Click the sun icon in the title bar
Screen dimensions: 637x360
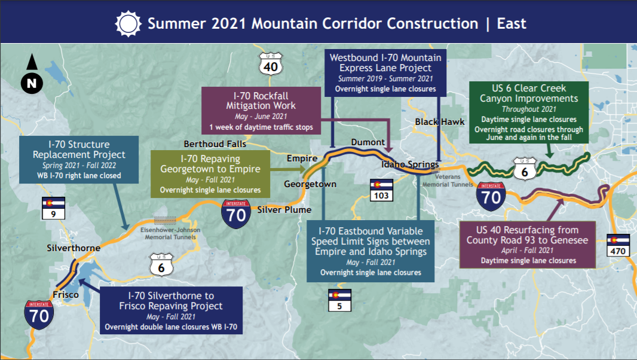[128, 23]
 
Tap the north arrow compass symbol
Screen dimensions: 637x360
[32, 74]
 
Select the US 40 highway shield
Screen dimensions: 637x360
[271, 64]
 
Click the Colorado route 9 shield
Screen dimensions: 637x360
[53, 208]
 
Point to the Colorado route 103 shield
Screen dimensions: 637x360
[381, 190]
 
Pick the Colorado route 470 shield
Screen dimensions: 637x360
[617, 245]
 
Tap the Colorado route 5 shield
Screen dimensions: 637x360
[339, 300]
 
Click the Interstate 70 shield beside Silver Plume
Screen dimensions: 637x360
[235, 213]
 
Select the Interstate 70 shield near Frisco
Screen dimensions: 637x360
[39, 315]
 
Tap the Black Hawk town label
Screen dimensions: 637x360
[440, 121]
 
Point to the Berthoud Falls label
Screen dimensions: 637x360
[215, 144]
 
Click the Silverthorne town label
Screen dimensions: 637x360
[73, 248]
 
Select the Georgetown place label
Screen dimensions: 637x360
[310, 184]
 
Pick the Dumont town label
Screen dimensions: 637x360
[368, 142]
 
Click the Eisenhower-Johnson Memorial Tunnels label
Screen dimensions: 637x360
[170, 233]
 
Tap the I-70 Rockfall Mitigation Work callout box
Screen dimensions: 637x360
[261, 111]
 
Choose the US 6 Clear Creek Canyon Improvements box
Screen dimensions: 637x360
[529, 112]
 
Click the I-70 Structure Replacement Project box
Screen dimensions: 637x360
[79, 160]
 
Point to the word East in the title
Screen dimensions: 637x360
[512, 23]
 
